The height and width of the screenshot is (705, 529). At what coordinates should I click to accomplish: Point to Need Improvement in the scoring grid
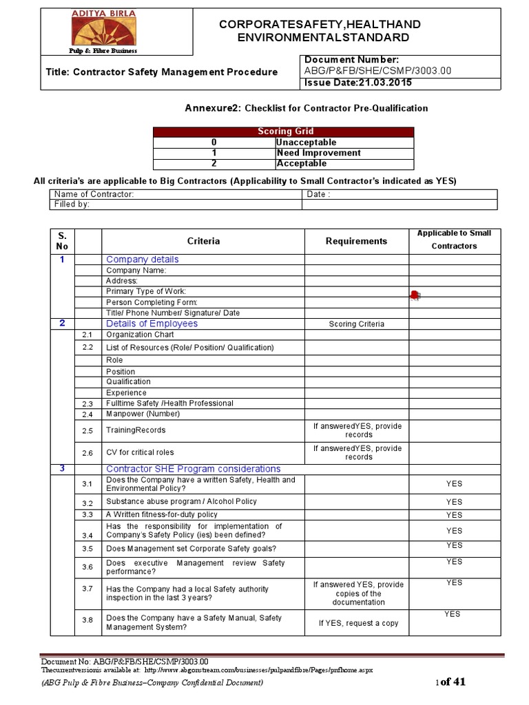click(x=318, y=153)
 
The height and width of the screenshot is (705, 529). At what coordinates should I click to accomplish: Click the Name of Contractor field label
click(x=94, y=194)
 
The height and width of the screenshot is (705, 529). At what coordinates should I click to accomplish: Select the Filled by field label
click(x=72, y=204)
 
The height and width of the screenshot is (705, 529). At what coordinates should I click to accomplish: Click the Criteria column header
click(x=203, y=241)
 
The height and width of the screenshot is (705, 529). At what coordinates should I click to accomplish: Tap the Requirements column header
click(x=356, y=241)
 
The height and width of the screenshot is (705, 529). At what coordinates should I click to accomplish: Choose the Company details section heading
click(x=142, y=260)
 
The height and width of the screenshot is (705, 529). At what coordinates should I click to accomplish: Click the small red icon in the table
click(x=414, y=295)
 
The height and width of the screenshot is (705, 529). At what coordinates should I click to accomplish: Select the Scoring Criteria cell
click(x=356, y=324)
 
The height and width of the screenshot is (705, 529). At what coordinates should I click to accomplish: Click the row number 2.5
click(x=87, y=431)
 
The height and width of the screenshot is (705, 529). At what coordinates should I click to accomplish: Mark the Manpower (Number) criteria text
click(x=143, y=414)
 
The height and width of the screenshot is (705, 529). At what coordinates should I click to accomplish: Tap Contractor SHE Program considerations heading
click(x=193, y=469)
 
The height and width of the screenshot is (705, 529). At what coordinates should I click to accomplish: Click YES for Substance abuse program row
click(x=454, y=502)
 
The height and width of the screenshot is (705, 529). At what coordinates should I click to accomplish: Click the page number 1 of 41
click(x=451, y=682)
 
